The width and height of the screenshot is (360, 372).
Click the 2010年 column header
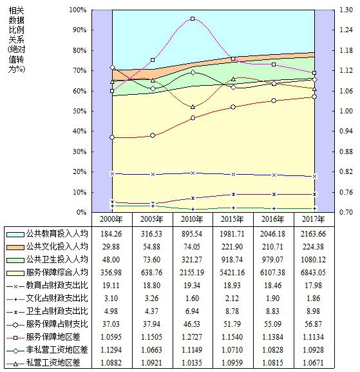(192, 219)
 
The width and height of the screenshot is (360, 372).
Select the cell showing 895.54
(192, 234)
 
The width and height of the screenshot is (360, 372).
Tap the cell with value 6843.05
(313, 272)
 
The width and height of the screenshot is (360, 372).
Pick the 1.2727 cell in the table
(192, 337)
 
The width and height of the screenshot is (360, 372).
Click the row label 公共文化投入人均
(57, 247)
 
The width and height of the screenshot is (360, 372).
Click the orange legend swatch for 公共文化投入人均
(15, 247)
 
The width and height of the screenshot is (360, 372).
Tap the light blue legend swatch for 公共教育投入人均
(15, 235)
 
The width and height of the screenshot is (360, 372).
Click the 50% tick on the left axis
(80, 111)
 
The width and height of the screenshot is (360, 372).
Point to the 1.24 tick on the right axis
(346, 30)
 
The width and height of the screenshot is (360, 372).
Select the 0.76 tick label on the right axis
(346, 192)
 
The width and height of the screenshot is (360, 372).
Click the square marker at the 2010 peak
(193, 19)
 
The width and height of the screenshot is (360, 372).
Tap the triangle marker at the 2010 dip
(193, 107)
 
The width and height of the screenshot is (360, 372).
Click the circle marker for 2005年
(153, 135)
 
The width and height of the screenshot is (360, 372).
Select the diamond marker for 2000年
(112, 68)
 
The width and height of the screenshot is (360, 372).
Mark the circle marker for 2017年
(314, 97)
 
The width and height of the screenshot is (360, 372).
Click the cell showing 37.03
(111, 324)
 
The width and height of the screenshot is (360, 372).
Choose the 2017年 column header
(313, 219)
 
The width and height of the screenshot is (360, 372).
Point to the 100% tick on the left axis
(78, 10)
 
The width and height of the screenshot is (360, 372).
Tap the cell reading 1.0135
(192, 362)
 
